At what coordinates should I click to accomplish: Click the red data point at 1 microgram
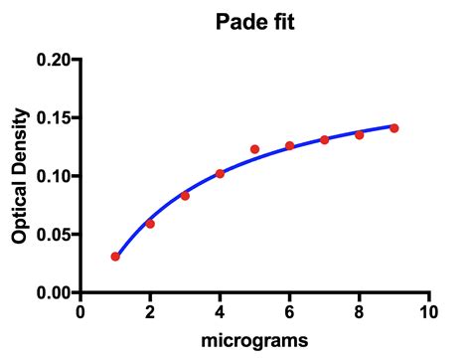pyautogui.click(x=115, y=257)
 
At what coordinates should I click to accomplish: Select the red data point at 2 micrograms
pyautogui.click(x=150, y=224)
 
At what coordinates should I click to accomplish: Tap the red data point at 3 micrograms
pyautogui.click(x=185, y=196)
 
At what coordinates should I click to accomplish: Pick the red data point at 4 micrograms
pyautogui.click(x=220, y=174)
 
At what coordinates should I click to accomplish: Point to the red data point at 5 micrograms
pyautogui.click(x=254, y=149)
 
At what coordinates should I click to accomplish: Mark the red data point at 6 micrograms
pyautogui.click(x=289, y=146)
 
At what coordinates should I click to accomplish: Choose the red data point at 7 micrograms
pyautogui.click(x=324, y=140)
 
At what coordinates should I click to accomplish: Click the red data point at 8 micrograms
pyautogui.click(x=359, y=135)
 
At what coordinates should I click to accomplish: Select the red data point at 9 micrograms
pyautogui.click(x=393, y=128)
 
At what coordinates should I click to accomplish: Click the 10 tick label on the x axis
pyautogui.click(x=428, y=311)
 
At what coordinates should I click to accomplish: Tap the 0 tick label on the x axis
pyautogui.click(x=80, y=311)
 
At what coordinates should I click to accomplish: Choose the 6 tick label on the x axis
pyautogui.click(x=289, y=311)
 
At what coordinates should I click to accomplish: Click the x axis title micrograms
pyautogui.click(x=254, y=341)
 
